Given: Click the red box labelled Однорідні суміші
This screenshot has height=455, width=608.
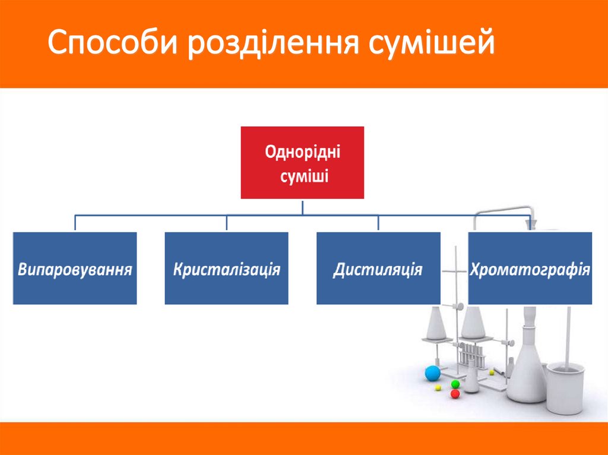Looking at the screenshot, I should coord(302,162).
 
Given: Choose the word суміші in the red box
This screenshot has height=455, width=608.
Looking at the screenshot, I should coord(302,176).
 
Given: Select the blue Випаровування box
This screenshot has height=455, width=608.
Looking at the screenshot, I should coord(75,268).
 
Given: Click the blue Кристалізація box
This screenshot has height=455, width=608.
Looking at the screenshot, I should coord(227,268).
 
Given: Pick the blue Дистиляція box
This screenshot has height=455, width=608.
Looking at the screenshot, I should coord(378,268).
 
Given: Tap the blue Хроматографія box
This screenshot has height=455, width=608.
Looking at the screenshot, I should coord(530,268).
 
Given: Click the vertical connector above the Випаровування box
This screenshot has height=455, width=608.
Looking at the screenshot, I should coord(75,223).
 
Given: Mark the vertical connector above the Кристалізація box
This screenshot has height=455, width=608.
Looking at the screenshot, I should coord(227,223).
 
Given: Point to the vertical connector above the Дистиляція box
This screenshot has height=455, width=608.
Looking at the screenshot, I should coord(379,223).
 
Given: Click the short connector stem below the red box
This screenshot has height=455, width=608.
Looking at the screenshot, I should coord(303,206).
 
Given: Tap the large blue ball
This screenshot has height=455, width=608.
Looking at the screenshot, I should coord(432,373).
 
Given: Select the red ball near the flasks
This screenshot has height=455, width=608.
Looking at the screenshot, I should coord(455,393).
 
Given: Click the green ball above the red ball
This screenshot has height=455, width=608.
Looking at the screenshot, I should coord(455,384).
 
